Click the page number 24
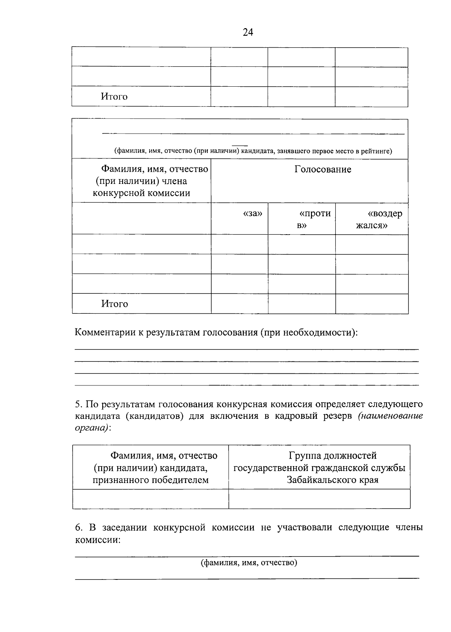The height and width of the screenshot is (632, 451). [248, 32]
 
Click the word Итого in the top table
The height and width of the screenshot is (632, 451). [114, 97]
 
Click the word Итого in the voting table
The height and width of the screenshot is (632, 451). [114, 304]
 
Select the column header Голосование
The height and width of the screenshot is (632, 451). [322, 170]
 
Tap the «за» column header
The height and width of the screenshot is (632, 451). [253, 214]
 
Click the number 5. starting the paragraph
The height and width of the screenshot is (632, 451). [78, 405]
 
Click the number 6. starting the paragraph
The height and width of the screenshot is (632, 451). [78, 528]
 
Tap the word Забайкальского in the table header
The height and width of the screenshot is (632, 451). [333, 480]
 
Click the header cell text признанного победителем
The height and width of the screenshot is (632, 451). [151, 480]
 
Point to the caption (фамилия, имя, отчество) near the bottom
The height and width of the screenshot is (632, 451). [249, 563]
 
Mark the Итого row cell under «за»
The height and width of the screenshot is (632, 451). [239, 304]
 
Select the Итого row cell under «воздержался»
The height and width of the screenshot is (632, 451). [372, 304]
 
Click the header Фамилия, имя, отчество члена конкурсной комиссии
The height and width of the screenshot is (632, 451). [141, 181]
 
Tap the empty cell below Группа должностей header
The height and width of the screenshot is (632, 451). [319, 499]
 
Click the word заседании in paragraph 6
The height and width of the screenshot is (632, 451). [120, 528]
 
